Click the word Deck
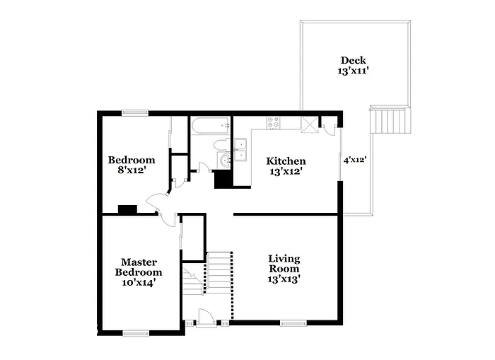354,60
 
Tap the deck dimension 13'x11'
354,71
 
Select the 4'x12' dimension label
354,160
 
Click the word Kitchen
286,161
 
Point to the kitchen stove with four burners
273,122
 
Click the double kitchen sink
241,151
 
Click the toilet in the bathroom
220,146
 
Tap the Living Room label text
283,264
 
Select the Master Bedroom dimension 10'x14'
139,282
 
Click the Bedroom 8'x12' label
131,165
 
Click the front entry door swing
206,318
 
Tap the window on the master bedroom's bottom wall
135,332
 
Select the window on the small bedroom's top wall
134,112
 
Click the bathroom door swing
204,168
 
